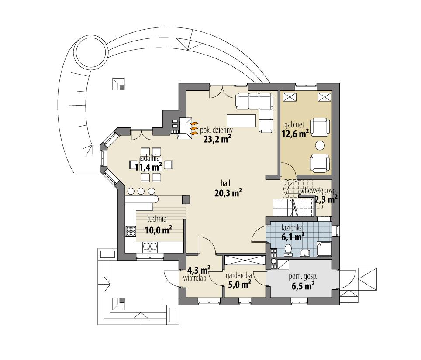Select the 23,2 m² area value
pyautogui.click(x=217, y=139)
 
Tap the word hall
pyautogui.click(x=225, y=183)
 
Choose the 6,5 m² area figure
pyautogui.click(x=304, y=286)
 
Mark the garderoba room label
pyautogui.click(x=238, y=276)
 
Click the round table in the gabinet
pyautogui.click(x=321, y=145)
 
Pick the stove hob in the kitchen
pyautogui.click(x=131, y=231)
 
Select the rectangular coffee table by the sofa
pyautogui.click(x=242, y=120)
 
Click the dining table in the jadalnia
pyautogui.click(x=149, y=165)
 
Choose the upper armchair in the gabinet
pyautogui.click(x=321, y=127)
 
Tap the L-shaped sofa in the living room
pyautogui.click(x=258, y=107)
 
